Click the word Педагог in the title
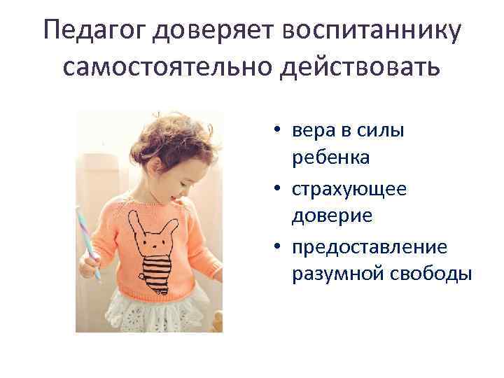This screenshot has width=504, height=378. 95,31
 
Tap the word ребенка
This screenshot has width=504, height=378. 331,158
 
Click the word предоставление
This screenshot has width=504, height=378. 370,247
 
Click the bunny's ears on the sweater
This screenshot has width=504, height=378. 146,222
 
